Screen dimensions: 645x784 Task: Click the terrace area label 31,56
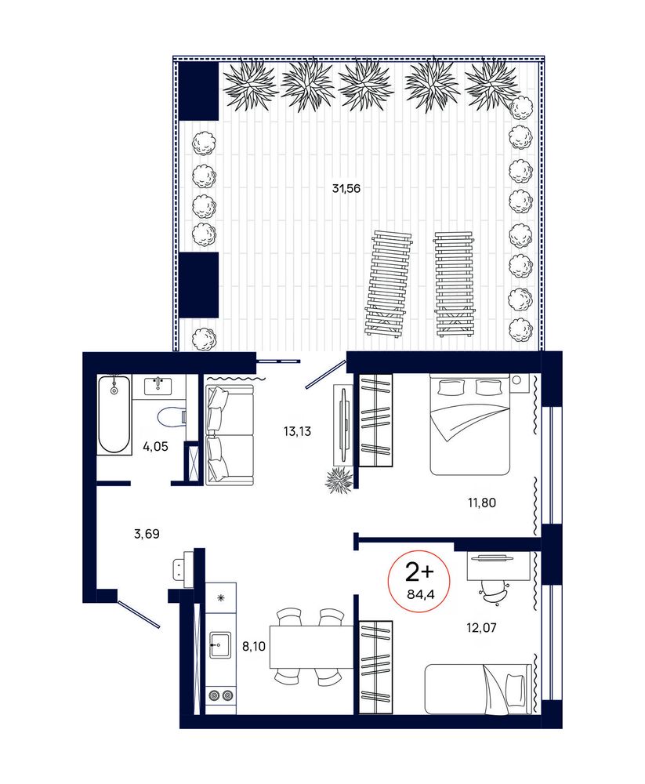coord(346,188)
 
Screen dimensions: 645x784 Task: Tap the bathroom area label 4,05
coord(155,447)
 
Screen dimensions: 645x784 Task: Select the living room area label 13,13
coord(297,431)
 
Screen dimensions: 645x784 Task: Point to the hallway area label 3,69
coord(147,534)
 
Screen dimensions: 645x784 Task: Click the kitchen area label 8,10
coord(253,647)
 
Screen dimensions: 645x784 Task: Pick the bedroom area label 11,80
coord(482,503)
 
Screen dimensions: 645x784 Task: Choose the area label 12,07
coord(481,627)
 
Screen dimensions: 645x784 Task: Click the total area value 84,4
coord(421,594)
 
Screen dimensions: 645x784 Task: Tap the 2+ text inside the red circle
coord(419,572)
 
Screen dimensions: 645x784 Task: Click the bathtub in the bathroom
coord(114,415)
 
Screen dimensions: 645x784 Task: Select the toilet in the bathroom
coord(172,416)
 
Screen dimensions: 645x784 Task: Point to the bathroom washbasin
coord(158,386)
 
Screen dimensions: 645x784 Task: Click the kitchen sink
coord(220,645)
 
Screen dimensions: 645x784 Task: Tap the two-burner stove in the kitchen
coord(221,695)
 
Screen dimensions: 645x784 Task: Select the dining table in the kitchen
coord(313,647)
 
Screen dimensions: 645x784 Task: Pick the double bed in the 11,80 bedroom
coord(470,424)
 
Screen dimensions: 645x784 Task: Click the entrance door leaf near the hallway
coord(139,614)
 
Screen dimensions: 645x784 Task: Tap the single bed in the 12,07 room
coord(477,688)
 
